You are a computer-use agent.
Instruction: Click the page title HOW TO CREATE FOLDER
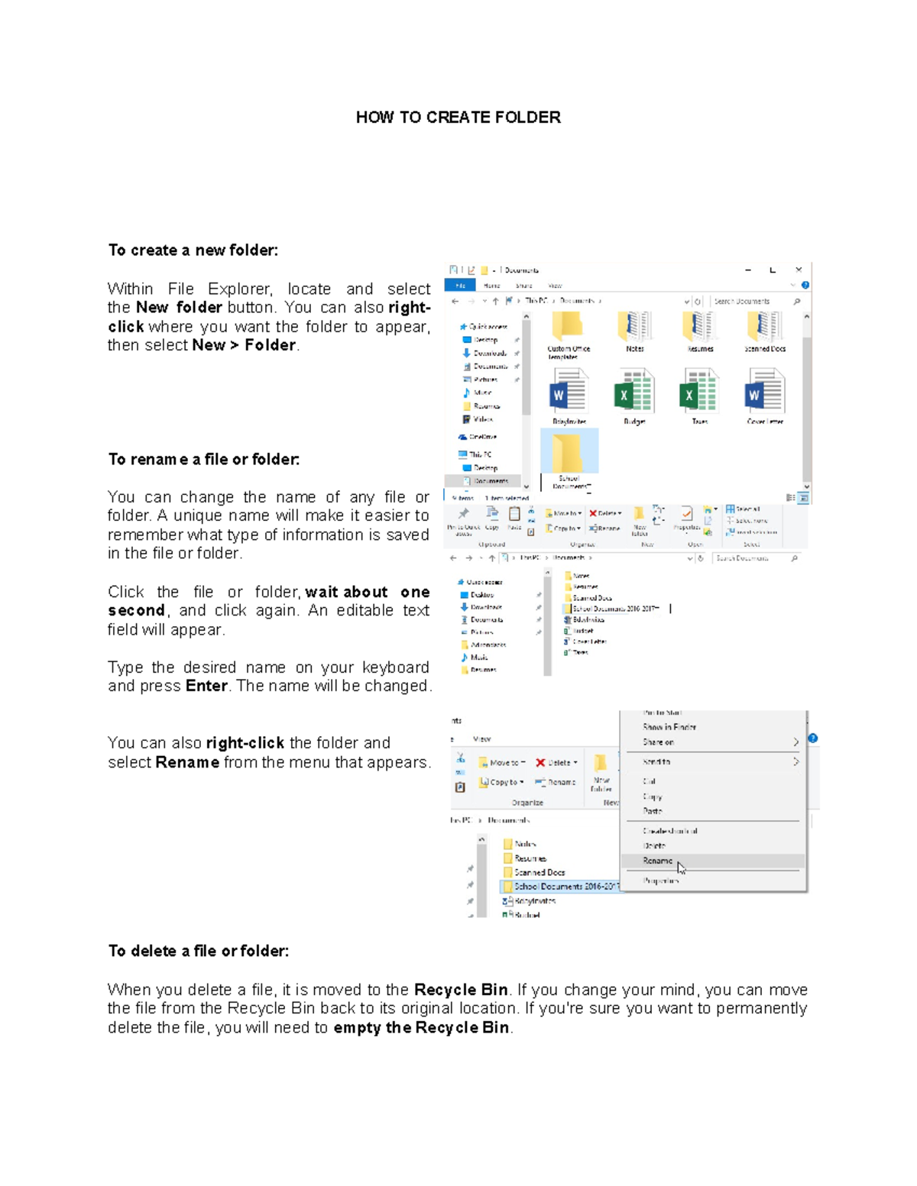tap(458, 117)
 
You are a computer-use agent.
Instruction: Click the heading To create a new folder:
tap(193, 250)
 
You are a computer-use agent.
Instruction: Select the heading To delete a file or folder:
tap(198, 951)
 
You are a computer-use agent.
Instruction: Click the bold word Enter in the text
tap(206, 686)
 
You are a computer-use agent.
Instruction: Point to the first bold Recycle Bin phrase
tap(461, 990)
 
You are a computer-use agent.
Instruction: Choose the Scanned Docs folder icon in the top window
tap(764, 327)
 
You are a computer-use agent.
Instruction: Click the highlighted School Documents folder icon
tap(569, 454)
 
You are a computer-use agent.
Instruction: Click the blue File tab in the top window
tap(460, 285)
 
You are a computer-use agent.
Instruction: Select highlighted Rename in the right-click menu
tap(657, 861)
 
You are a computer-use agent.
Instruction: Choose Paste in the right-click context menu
tap(652, 811)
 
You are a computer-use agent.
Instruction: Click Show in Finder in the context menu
tap(669, 727)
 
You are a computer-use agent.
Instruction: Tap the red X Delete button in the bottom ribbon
tap(555, 762)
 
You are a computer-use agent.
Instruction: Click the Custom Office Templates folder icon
tap(568, 327)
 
